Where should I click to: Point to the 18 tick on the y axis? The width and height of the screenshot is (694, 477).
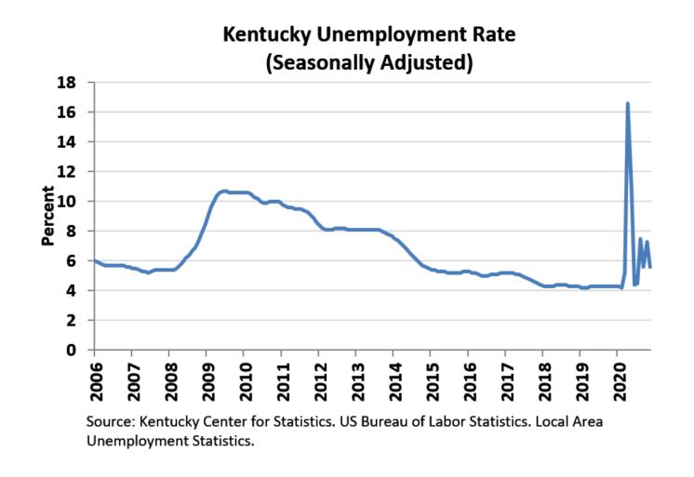(x=69, y=82)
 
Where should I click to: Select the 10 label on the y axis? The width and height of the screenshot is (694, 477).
(x=69, y=201)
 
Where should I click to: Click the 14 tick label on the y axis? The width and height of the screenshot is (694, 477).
(x=69, y=141)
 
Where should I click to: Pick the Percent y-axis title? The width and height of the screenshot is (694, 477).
(x=47, y=216)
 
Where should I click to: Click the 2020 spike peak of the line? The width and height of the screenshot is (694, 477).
(x=628, y=103)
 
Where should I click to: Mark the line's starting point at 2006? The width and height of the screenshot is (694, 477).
(x=95, y=260)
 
